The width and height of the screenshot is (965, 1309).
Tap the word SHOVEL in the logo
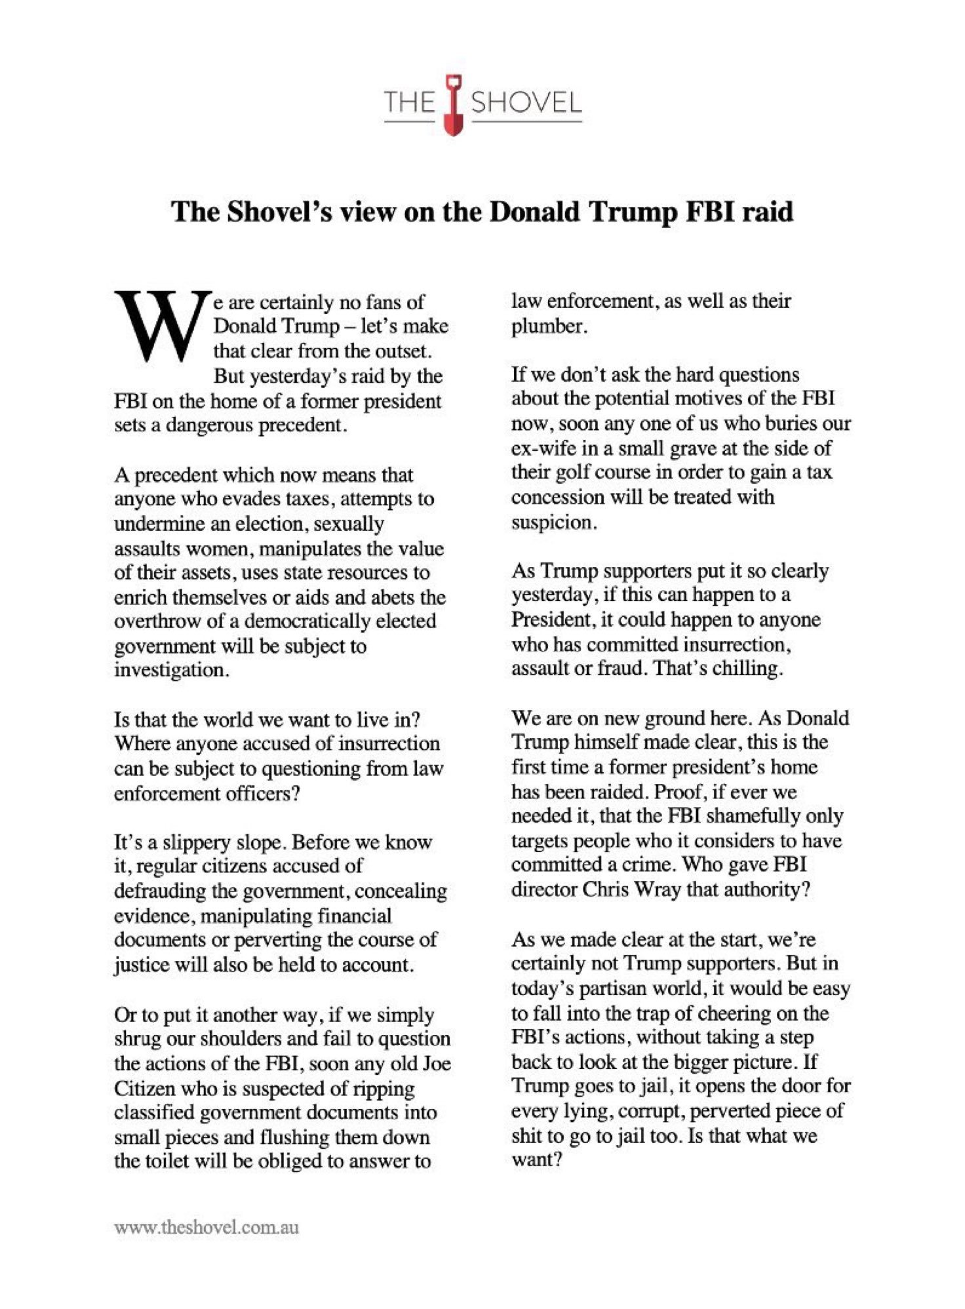[526, 104]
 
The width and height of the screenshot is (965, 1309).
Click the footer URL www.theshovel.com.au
[207, 1227]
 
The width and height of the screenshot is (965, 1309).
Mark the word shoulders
[275, 1039]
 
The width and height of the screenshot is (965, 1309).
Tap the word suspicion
[551, 522]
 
